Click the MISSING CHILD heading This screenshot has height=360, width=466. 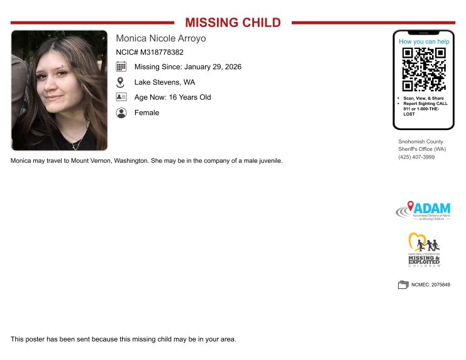pyautogui.click(x=233, y=23)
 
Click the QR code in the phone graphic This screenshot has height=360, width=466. pyautogui.click(x=423, y=69)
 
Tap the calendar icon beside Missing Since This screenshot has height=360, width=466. pyautogui.click(x=121, y=67)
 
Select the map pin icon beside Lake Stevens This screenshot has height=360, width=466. pyautogui.click(x=121, y=82)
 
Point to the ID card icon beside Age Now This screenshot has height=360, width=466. pyautogui.click(x=121, y=97)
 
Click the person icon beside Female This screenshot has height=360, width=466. pyautogui.click(x=121, y=113)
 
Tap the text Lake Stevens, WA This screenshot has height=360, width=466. pyautogui.click(x=165, y=82)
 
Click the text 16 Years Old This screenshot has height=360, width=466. pyautogui.click(x=190, y=97)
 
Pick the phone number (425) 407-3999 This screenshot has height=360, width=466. pyautogui.click(x=416, y=157)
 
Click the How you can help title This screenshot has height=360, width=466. pyautogui.click(x=423, y=41)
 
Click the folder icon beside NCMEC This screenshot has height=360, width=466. pyautogui.click(x=403, y=285)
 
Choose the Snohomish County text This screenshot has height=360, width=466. pyautogui.click(x=421, y=142)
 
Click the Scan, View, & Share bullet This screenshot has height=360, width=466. pyautogui.click(x=424, y=98)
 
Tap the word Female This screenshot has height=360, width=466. pyautogui.click(x=147, y=113)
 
